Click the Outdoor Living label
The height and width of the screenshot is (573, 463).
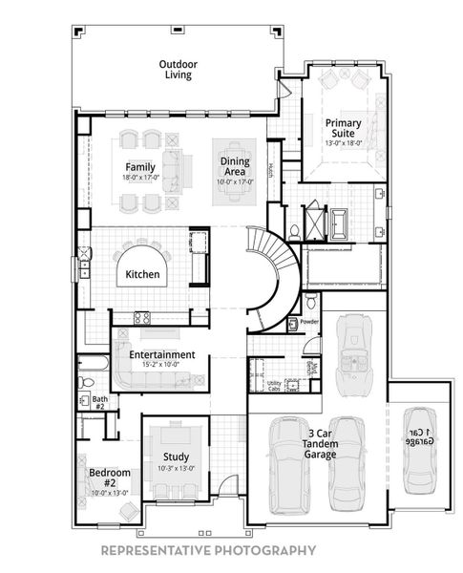coord(177,69)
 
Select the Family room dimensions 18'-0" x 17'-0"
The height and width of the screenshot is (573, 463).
coord(139,178)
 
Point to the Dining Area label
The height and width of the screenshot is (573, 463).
coord(235,167)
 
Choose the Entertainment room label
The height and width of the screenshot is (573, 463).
coord(162,354)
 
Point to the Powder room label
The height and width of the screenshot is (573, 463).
coord(308,322)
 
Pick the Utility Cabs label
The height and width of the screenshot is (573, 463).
coord(274,385)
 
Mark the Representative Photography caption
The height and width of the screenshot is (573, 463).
coord(208,550)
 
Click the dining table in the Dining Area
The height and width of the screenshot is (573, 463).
coord(235,181)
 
